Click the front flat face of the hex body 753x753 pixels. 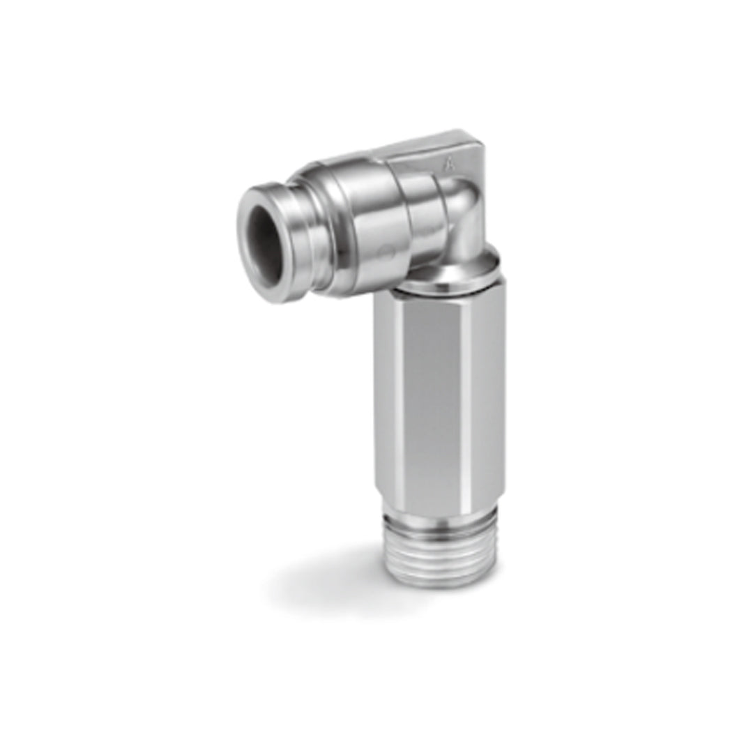[x=435, y=397]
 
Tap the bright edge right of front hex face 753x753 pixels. [x=477, y=397]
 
